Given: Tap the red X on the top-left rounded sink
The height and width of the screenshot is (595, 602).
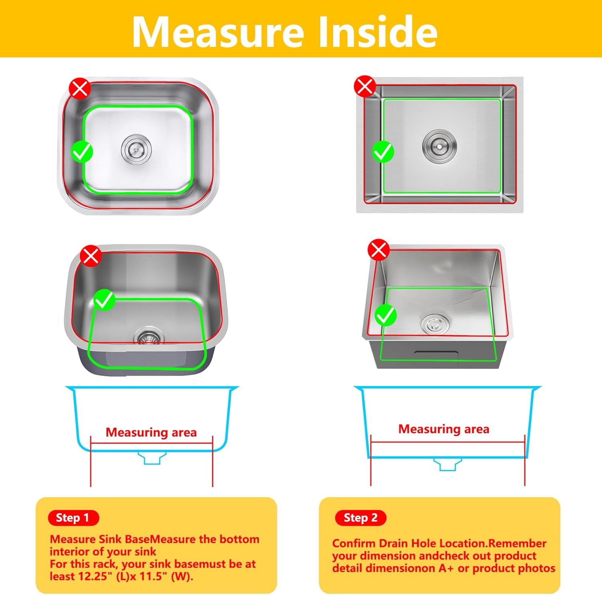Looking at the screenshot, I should [80, 89].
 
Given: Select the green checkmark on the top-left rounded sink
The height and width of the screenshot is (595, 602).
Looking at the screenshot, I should [82, 152].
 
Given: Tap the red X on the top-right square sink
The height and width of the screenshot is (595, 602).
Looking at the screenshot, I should [365, 86].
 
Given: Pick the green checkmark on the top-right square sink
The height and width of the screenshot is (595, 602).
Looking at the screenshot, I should [383, 152].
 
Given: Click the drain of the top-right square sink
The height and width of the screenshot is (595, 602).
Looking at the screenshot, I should [439, 146].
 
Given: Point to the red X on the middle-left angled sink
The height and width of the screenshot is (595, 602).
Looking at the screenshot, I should [91, 255].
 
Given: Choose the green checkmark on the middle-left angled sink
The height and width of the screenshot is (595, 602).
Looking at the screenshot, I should [104, 300].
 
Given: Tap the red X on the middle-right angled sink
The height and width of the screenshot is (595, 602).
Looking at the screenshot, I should [378, 250].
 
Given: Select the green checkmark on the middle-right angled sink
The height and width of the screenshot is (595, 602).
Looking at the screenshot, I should [386, 315].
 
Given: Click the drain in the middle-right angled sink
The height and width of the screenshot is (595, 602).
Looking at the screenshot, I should [435, 323].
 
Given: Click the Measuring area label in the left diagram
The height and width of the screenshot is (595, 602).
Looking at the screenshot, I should [151, 432].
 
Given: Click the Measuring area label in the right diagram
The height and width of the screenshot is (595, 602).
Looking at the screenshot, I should [443, 429].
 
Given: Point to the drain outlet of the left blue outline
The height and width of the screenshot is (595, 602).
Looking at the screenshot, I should [152, 458].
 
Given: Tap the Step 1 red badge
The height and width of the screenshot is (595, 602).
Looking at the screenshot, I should [73, 518].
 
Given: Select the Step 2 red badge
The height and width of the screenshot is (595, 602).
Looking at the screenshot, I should [360, 518].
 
